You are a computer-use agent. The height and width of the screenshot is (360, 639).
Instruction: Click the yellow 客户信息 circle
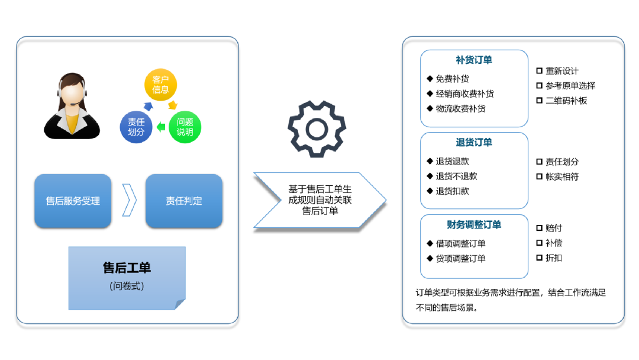pyautogui.click(x=161, y=85)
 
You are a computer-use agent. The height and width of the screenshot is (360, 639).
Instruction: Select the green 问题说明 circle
pyautogui.click(x=185, y=127)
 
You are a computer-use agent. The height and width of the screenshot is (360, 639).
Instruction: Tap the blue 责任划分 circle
pyautogui.click(x=136, y=127)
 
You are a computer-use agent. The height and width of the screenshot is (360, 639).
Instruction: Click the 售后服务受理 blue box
pyautogui.click(x=73, y=201)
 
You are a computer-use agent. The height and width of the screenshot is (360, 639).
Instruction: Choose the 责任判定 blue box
pyautogui.click(x=184, y=201)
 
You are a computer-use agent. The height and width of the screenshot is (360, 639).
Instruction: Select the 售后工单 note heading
pyautogui.click(x=127, y=268)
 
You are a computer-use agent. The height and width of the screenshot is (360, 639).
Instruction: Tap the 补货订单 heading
pyautogui.click(x=474, y=60)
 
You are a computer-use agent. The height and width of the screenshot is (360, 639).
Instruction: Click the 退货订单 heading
pyautogui.click(x=474, y=142)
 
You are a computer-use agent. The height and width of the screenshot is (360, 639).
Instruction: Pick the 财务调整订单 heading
pyautogui.click(x=474, y=224)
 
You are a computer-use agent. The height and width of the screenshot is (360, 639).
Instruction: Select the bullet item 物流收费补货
pyautogui.click(x=460, y=109)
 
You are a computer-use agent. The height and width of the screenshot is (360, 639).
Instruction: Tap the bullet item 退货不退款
pyautogui.click(x=456, y=176)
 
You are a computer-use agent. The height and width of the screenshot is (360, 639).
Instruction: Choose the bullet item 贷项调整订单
pyautogui.click(x=460, y=259)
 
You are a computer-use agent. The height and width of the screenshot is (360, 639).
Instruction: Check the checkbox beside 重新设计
pyautogui.click(x=539, y=70)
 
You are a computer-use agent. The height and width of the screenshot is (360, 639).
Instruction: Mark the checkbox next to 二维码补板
pyautogui.click(x=539, y=101)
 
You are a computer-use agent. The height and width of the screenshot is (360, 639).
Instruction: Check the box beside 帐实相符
pyautogui.click(x=539, y=176)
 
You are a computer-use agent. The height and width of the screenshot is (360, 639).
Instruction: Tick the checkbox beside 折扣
pyautogui.click(x=539, y=258)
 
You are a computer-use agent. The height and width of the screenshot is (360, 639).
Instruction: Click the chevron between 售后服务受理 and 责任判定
pyautogui.click(x=129, y=201)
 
